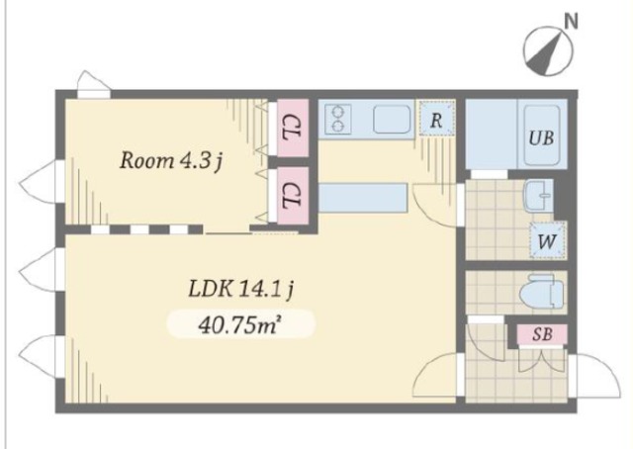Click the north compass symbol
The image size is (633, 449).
pos(548,50)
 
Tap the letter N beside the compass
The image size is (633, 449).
pos(571,22)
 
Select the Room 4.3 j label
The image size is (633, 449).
pos(171,160)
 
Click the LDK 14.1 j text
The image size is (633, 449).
pos(241,289)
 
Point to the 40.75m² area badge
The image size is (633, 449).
pos(241,323)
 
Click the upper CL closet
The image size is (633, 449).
pos(293,128)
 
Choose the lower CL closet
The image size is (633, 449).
pos(293,195)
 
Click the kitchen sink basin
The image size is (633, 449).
pos(392,119)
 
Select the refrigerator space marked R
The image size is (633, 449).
pos(437,119)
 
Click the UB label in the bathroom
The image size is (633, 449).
pos(541,138)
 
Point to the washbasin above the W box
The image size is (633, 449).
pos(538,196)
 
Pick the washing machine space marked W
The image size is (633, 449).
pos(547,241)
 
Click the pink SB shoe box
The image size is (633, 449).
pos(543,334)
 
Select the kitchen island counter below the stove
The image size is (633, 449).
pos(363,198)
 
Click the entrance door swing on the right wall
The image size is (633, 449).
pos(596,377)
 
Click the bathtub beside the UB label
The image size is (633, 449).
pos(542,135)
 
